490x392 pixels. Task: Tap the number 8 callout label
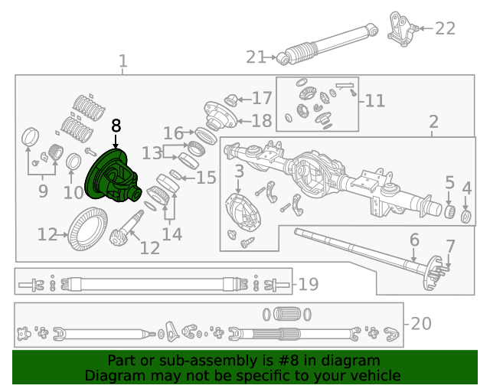click(x=116, y=126)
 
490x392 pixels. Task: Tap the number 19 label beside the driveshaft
click(x=308, y=285)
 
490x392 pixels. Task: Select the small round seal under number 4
click(x=465, y=211)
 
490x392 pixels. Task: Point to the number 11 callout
click(x=374, y=100)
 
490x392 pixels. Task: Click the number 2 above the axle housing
click(x=433, y=121)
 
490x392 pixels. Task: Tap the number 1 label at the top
click(x=123, y=60)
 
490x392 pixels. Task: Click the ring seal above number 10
click(x=75, y=162)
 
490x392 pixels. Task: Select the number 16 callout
click(x=174, y=133)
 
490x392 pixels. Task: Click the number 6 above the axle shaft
click(x=413, y=240)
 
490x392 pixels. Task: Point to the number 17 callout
click(x=262, y=98)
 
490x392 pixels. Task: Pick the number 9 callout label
click(x=42, y=191)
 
